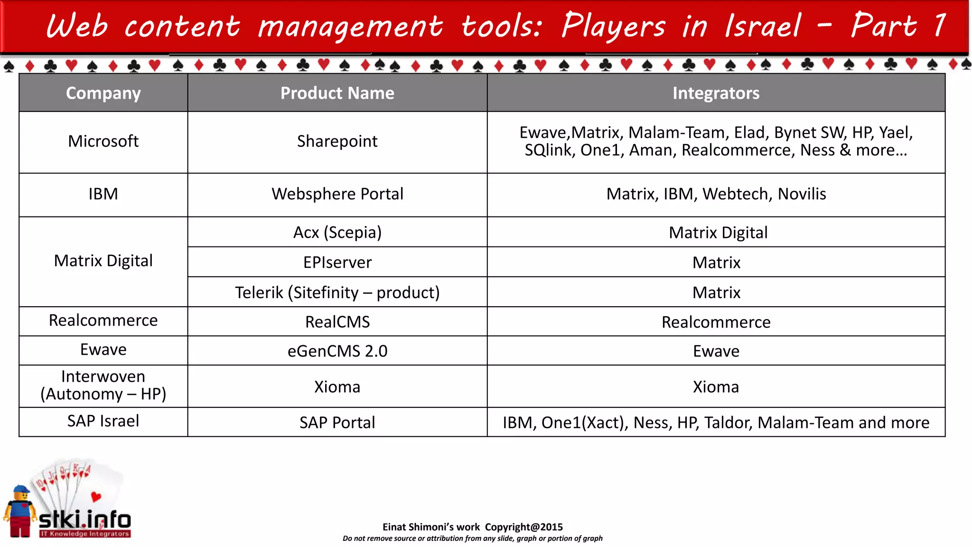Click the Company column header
click(x=103, y=93)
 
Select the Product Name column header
click(x=337, y=93)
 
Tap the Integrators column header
click(x=716, y=93)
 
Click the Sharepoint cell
click(x=337, y=141)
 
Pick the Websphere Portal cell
click(x=337, y=194)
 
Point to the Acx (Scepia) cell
click(x=337, y=232)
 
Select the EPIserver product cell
click(x=337, y=262)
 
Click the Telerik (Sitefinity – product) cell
click(x=337, y=292)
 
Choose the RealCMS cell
click(x=337, y=321)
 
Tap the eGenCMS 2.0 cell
click(x=337, y=351)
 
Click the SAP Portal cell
click(x=337, y=422)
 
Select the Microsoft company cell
click(x=103, y=141)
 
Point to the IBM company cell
click(x=103, y=194)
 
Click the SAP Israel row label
click(x=103, y=421)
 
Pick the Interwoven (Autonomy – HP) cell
click(x=103, y=385)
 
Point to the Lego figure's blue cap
click(x=21, y=489)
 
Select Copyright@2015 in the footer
click(x=523, y=527)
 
